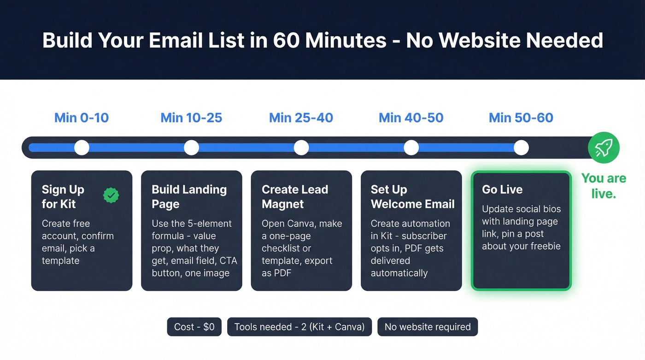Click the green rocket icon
(604, 148)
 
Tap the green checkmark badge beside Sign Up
(111, 195)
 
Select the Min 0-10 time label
(82, 118)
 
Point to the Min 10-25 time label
(191, 118)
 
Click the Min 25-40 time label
(301, 118)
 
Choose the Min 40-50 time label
(411, 118)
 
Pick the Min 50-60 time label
(521, 118)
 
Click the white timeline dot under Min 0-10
(82, 148)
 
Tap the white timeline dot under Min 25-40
(301, 148)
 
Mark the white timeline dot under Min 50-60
(521, 148)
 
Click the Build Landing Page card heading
(189, 197)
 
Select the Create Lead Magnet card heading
(295, 197)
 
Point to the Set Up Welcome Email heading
(412, 197)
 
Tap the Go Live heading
(502, 189)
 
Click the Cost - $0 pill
(194, 327)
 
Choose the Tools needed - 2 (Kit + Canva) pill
(299, 327)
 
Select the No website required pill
(428, 327)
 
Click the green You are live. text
(604, 186)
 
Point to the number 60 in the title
(286, 41)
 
